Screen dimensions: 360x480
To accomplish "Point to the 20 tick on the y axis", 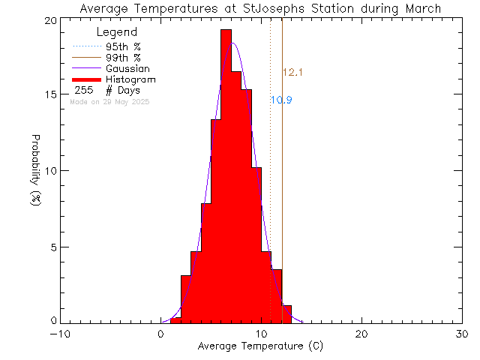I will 48,20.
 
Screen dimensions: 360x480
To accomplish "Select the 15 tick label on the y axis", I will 48,95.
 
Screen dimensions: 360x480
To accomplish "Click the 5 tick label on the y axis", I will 51,247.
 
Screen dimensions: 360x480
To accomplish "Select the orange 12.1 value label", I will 292,73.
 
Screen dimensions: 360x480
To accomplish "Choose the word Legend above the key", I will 117,32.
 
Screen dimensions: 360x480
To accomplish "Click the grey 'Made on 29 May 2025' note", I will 109,101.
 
